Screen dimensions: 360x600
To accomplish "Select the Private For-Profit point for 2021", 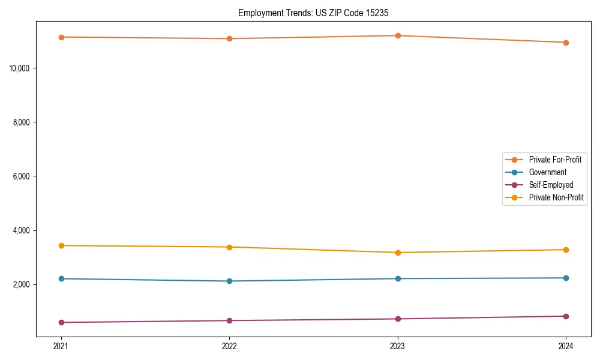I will pyautogui.click(x=61, y=37).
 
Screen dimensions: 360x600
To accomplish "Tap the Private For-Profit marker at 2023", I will pyautogui.click(x=398, y=35).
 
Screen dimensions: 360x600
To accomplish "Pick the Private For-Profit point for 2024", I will pyautogui.click(x=566, y=43).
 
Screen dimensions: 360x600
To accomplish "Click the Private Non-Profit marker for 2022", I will pyautogui.click(x=229, y=247).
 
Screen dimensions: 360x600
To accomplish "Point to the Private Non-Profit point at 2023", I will pyautogui.click(x=398, y=253).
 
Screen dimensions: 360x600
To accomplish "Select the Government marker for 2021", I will pyautogui.click(x=61, y=278).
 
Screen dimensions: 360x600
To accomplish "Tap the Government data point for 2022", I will pyautogui.click(x=229, y=281).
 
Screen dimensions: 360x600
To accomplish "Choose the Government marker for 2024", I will pyautogui.click(x=566, y=278).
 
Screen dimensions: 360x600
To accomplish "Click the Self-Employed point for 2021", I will pyautogui.click(x=61, y=322).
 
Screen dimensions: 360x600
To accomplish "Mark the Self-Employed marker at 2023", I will pyautogui.click(x=398, y=319).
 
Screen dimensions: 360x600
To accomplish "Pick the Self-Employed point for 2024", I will pyautogui.click(x=566, y=316).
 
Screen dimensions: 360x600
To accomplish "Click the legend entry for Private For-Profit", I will pyautogui.click(x=554, y=160).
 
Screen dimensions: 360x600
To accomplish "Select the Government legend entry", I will pyautogui.click(x=547, y=172).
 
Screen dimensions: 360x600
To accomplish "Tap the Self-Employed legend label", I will pyautogui.click(x=551, y=185).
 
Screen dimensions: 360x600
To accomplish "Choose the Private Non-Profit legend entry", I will pyautogui.click(x=556, y=197).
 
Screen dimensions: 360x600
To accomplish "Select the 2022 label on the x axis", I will pyautogui.click(x=229, y=346).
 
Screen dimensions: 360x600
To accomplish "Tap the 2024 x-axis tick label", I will pyautogui.click(x=566, y=346).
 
